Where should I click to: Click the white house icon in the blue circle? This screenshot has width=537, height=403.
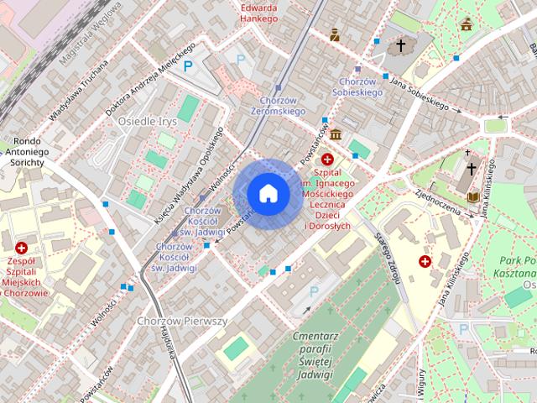point(268,193)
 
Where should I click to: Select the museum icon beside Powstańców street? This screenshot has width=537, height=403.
point(336,134)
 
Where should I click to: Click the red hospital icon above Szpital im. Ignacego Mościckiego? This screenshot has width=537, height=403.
point(327,159)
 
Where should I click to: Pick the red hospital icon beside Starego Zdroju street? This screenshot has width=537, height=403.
point(425,262)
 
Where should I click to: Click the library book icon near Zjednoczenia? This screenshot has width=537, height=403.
point(473,196)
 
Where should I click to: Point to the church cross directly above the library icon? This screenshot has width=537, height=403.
point(472,168)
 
